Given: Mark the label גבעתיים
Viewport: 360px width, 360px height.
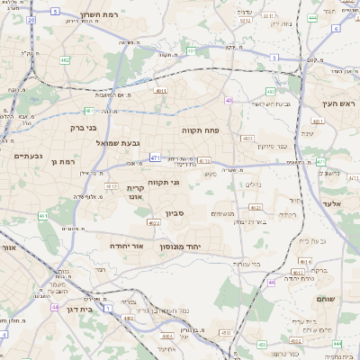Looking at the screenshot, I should click(x=27, y=156).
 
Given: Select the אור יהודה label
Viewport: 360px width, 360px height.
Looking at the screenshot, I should click(x=127, y=245).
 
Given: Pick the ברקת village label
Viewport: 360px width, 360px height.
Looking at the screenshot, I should click(x=319, y=270).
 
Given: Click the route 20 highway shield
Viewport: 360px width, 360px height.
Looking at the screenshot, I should click(x=31, y=19).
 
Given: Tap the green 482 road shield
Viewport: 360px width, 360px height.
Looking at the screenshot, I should click(x=65, y=60).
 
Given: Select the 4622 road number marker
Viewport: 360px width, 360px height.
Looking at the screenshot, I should click(x=154, y=223).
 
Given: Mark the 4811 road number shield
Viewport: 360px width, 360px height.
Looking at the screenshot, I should click(x=161, y=90).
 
